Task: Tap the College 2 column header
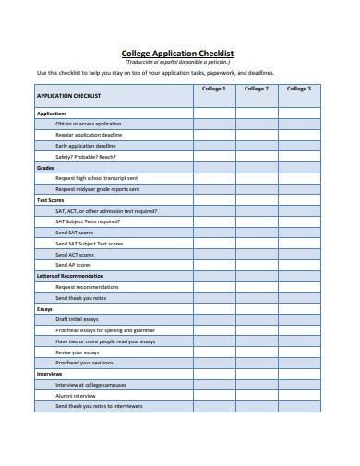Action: [x=256, y=89]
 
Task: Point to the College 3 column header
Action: [x=298, y=89]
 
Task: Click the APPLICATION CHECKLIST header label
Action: [x=67, y=95]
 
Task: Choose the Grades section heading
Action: [x=44, y=167]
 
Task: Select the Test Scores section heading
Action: [x=50, y=199]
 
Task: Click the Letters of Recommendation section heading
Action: [x=69, y=275]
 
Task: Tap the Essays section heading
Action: [x=44, y=308]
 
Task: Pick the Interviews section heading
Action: [x=49, y=374]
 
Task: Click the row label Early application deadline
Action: [x=86, y=145]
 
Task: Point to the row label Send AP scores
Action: [x=73, y=265]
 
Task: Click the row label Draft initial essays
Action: [x=78, y=319]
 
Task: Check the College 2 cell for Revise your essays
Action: [x=256, y=352]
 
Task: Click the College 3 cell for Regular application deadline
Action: [x=298, y=135]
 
